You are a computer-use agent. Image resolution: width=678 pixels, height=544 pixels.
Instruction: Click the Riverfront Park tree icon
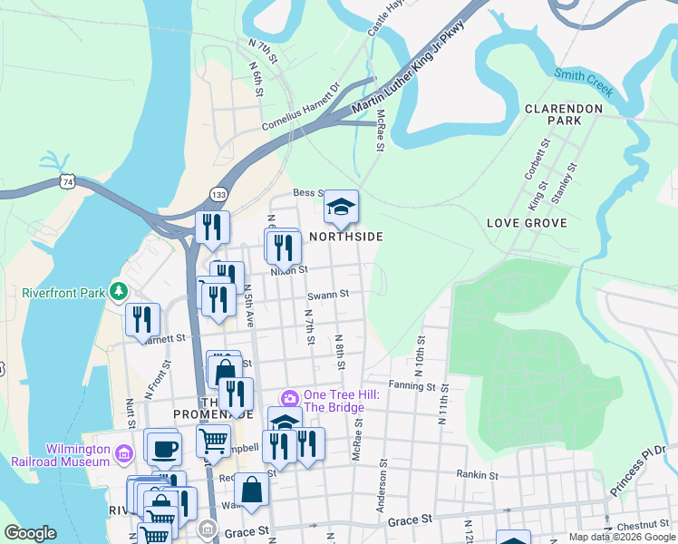(117, 291)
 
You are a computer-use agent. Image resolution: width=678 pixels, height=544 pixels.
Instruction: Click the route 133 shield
(218, 194)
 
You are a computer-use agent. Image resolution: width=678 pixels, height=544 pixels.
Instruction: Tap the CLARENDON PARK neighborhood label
(564, 114)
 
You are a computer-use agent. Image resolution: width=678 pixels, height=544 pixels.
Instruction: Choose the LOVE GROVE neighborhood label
(527, 223)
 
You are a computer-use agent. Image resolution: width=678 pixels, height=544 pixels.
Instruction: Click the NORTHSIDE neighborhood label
(345, 237)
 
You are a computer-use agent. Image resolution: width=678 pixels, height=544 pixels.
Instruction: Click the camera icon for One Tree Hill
(290, 397)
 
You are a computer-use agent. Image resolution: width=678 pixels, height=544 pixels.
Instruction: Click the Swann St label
(328, 294)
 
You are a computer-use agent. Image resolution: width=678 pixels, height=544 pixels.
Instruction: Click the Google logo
(30, 533)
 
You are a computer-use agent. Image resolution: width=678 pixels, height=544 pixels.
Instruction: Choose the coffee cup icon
(164, 448)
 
